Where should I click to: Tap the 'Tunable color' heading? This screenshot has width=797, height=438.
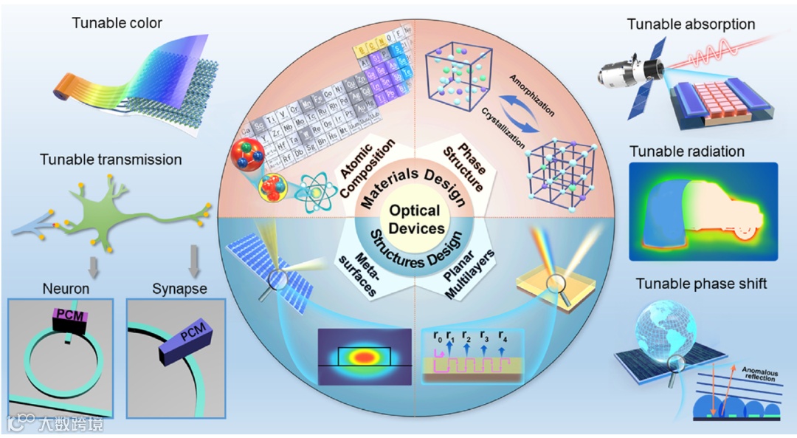point(117,23)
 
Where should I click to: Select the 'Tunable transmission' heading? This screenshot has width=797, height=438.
point(111,160)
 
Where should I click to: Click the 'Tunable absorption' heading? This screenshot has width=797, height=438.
point(691,24)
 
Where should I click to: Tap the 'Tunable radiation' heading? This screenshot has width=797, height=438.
point(687,151)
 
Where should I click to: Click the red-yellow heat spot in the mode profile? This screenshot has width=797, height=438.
point(362,357)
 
